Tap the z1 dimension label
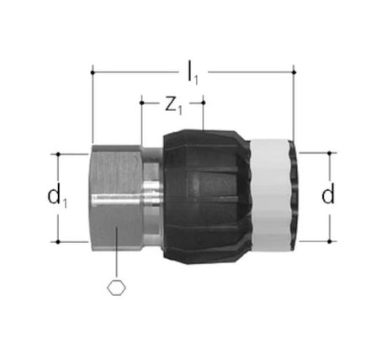(x=173, y=106)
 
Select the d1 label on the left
(x=57, y=197)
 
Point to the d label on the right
(x=328, y=193)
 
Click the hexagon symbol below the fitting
(x=117, y=288)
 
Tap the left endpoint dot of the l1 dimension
(x=93, y=72)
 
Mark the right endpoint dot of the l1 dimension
(x=294, y=72)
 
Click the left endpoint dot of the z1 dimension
(x=142, y=103)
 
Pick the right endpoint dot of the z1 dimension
(x=204, y=103)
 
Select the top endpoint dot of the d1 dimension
(x=58, y=154)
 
